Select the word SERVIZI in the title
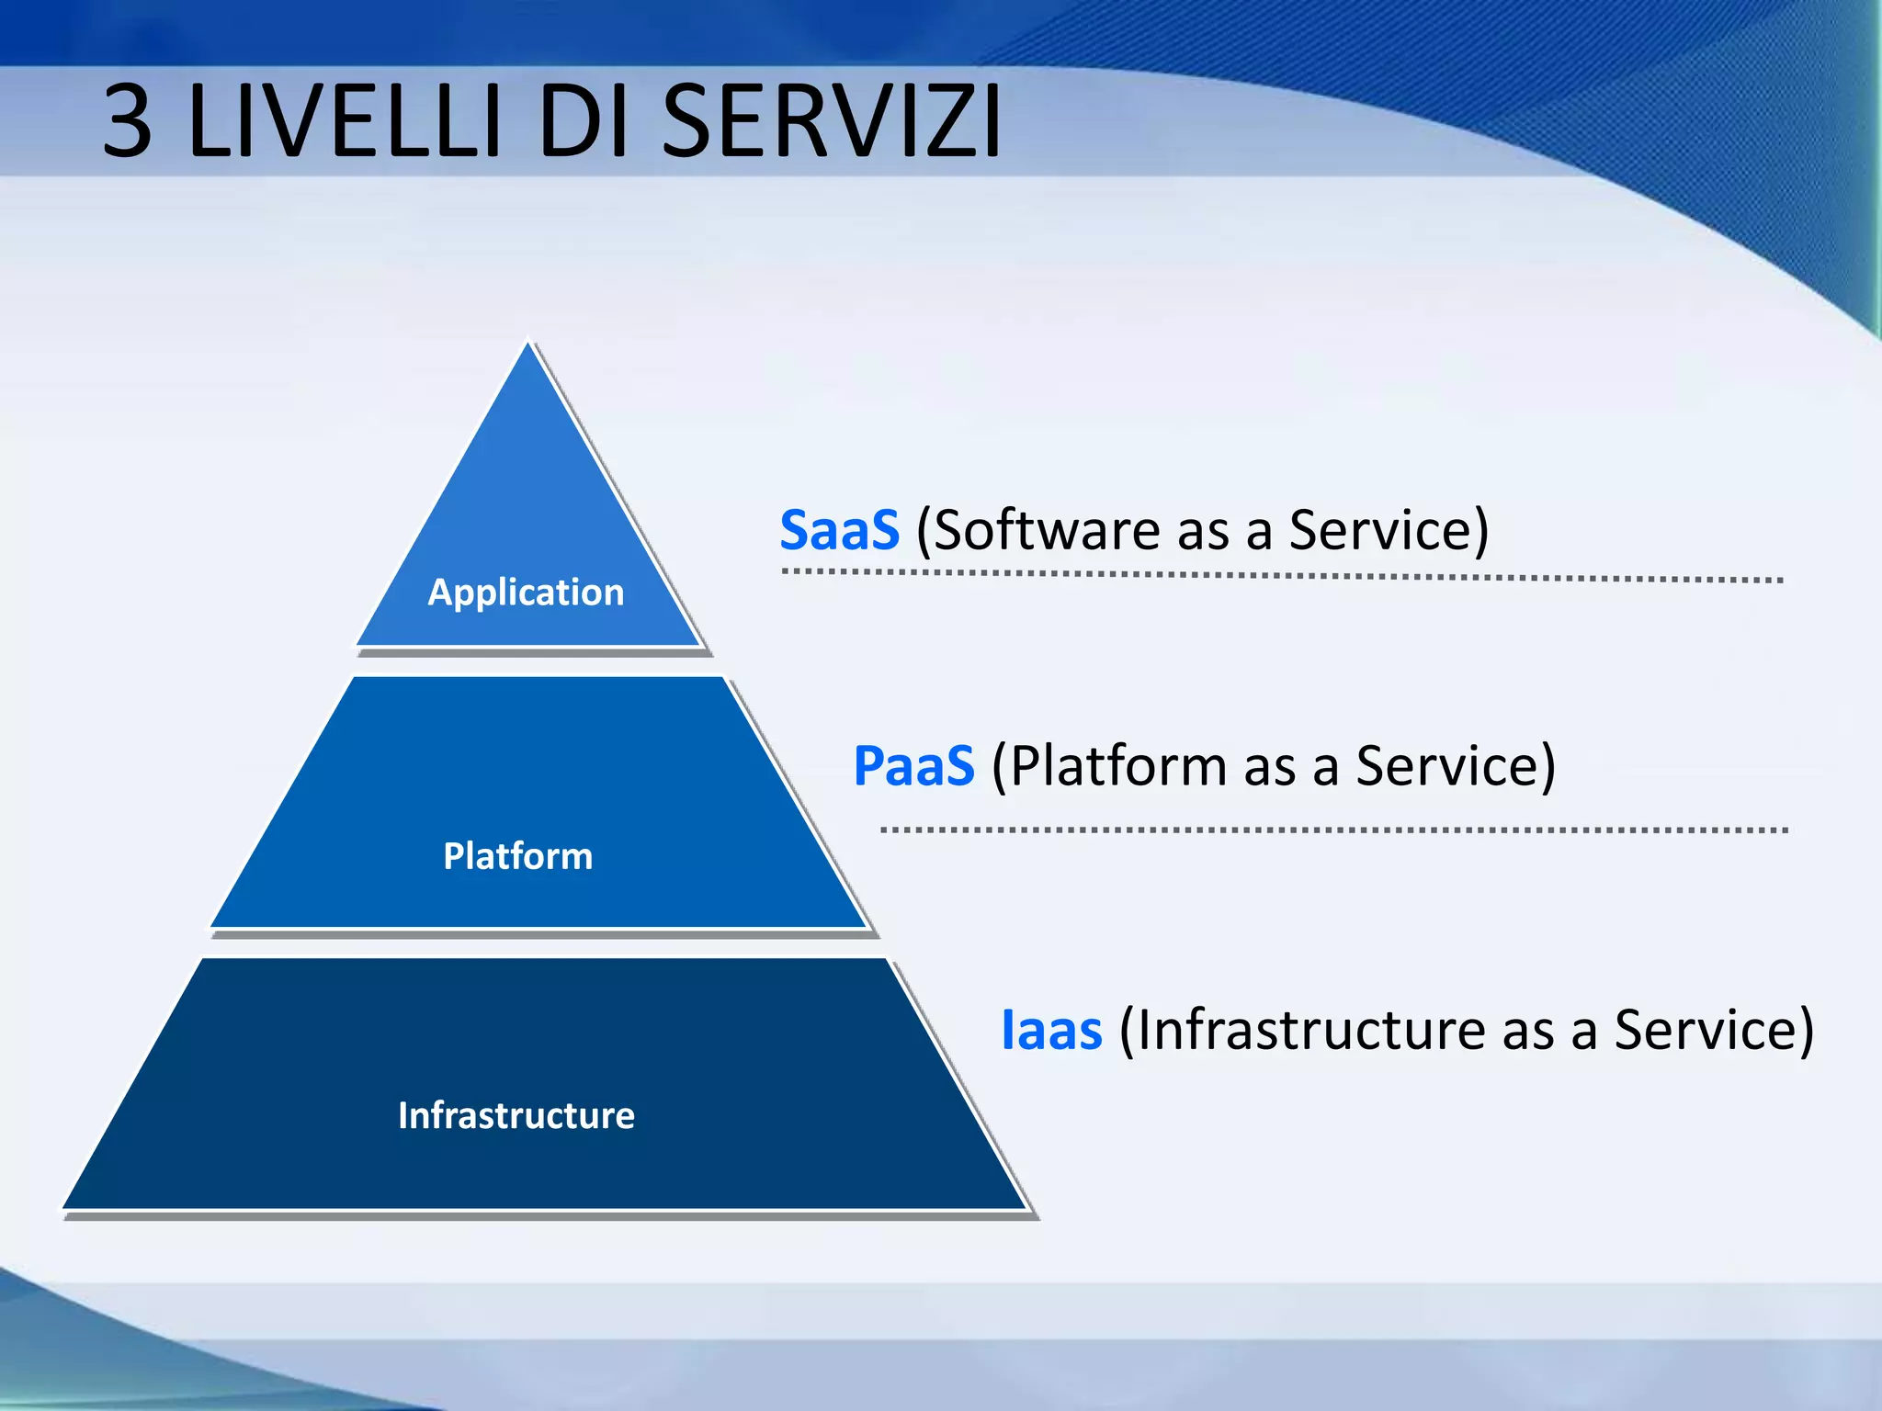click(x=831, y=122)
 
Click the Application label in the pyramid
click(x=526, y=593)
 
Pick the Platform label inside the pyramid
click(x=517, y=856)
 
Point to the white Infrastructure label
click(x=516, y=1115)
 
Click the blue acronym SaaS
click(x=839, y=531)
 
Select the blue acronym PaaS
click(x=913, y=766)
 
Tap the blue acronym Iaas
click(x=1051, y=1030)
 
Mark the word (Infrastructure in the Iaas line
click(x=1301, y=1030)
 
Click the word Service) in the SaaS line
click(x=1389, y=531)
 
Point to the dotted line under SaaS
click(x=1282, y=576)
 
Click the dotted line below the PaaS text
click(x=1332, y=830)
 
